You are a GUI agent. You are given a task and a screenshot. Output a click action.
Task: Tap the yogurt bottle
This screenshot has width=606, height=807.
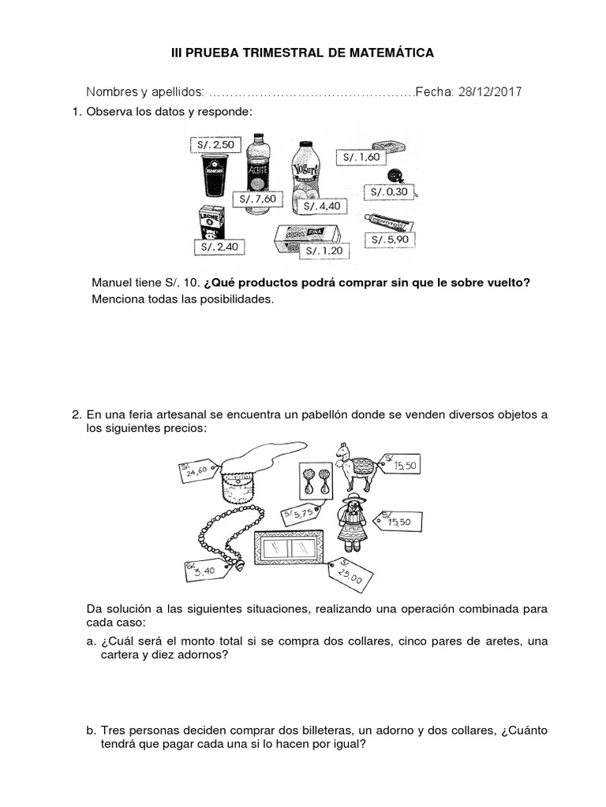304,175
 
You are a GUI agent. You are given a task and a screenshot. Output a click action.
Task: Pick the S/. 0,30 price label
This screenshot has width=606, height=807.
387,192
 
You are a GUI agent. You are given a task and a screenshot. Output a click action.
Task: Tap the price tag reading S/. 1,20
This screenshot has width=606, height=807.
321,251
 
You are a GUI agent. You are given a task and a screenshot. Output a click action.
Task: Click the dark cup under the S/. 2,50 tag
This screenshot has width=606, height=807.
214,174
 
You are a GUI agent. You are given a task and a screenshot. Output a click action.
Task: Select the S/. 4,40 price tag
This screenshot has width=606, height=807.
325,206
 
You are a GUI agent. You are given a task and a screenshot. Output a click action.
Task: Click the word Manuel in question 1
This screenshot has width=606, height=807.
114,283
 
